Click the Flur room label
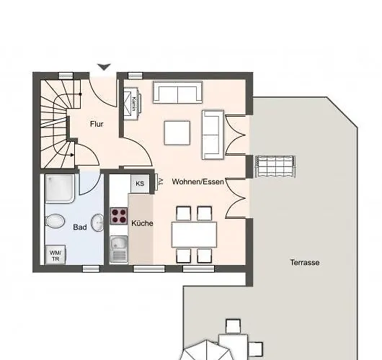[x=97, y=124]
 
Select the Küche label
[x=142, y=223]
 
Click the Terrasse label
[x=305, y=263]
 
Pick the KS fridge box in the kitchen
[x=140, y=184]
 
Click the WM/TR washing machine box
[x=55, y=254]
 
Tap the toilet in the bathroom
[x=54, y=220]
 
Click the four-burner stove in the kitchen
[x=118, y=215]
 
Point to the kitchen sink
[x=118, y=249]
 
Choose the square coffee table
[x=177, y=132]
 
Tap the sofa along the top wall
[x=177, y=92]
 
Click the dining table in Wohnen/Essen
[x=194, y=234]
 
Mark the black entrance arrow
[x=104, y=67]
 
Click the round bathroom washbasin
[x=97, y=220]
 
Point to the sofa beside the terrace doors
[x=213, y=134]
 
